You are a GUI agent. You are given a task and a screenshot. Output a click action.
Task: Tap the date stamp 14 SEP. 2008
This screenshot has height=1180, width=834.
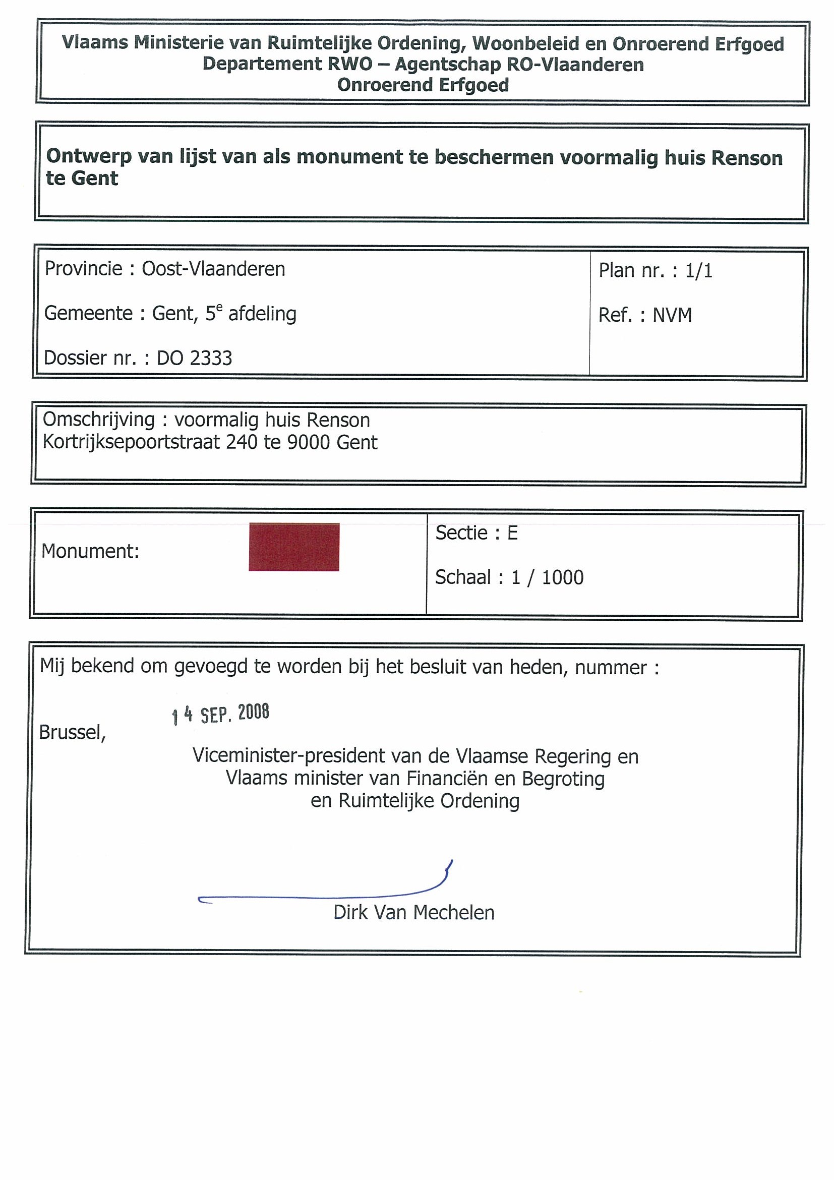220,714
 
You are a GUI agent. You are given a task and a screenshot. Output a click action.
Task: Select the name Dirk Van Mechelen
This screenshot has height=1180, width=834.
413,913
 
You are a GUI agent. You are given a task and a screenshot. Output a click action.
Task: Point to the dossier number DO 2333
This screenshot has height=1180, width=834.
194,358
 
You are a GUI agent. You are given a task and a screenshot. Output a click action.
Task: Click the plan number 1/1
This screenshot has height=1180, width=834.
699,271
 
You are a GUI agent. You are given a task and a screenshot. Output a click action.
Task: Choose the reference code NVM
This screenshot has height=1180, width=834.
672,315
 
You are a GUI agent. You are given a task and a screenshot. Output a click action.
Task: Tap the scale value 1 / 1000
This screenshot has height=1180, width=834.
547,578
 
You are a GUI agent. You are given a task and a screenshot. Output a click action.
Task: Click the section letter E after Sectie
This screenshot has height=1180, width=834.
512,533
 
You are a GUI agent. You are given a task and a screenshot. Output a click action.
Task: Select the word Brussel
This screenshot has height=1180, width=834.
72,732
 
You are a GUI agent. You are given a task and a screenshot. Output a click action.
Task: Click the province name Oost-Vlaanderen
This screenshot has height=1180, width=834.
213,269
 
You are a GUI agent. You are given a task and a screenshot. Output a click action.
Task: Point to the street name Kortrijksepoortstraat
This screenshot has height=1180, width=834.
131,443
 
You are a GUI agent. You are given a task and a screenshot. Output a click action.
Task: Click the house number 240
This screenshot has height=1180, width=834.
242,443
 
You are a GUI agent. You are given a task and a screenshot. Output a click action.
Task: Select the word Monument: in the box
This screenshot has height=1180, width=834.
90,552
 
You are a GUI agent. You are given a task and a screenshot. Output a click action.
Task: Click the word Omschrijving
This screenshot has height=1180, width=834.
99,420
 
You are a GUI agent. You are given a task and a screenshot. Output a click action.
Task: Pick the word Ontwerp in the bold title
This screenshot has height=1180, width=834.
89,156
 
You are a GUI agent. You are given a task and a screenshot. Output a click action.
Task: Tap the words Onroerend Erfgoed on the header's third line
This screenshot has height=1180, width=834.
423,85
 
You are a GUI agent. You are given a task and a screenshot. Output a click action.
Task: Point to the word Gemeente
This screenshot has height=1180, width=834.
88,314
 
